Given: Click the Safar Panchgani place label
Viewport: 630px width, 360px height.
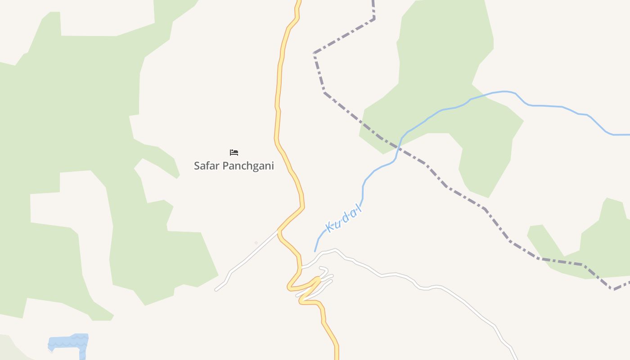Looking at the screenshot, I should click(x=234, y=166).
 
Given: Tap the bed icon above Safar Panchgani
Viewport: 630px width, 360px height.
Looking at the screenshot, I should click(x=234, y=153).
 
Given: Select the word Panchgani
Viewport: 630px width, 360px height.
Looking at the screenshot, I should click(x=248, y=166).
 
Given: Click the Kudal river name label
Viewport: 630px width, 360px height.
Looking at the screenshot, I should click(x=343, y=219).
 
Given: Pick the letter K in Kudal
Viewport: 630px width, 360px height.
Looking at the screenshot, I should click(x=329, y=228).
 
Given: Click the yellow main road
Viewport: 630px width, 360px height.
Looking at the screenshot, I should click(x=278, y=90).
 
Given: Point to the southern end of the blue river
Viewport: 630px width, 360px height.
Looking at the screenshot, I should click(x=315, y=251).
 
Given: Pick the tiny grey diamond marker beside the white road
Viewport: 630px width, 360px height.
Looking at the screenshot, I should click(x=256, y=243).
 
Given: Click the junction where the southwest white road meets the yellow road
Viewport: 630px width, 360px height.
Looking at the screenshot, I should click(x=279, y=231).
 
